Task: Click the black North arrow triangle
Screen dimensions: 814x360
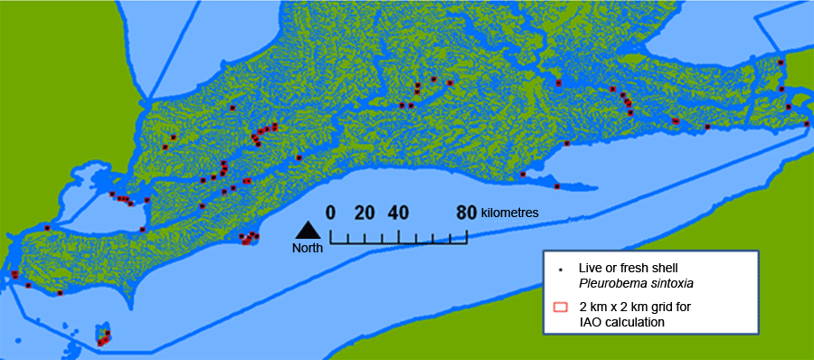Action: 308,230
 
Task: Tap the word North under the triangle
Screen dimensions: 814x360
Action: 308,248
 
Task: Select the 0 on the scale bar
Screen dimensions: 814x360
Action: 331,213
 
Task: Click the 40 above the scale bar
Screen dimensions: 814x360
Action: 398,213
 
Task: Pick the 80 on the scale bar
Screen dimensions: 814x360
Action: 467,213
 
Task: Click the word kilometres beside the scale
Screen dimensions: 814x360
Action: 509,213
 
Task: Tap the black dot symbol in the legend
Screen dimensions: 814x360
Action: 560,270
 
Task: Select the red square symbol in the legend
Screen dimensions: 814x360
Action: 560,308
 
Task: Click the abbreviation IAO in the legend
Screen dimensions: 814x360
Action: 589,321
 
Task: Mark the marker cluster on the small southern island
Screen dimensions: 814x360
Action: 103,338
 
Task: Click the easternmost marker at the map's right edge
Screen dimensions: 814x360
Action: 808,123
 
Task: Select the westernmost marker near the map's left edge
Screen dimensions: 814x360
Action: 14,274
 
